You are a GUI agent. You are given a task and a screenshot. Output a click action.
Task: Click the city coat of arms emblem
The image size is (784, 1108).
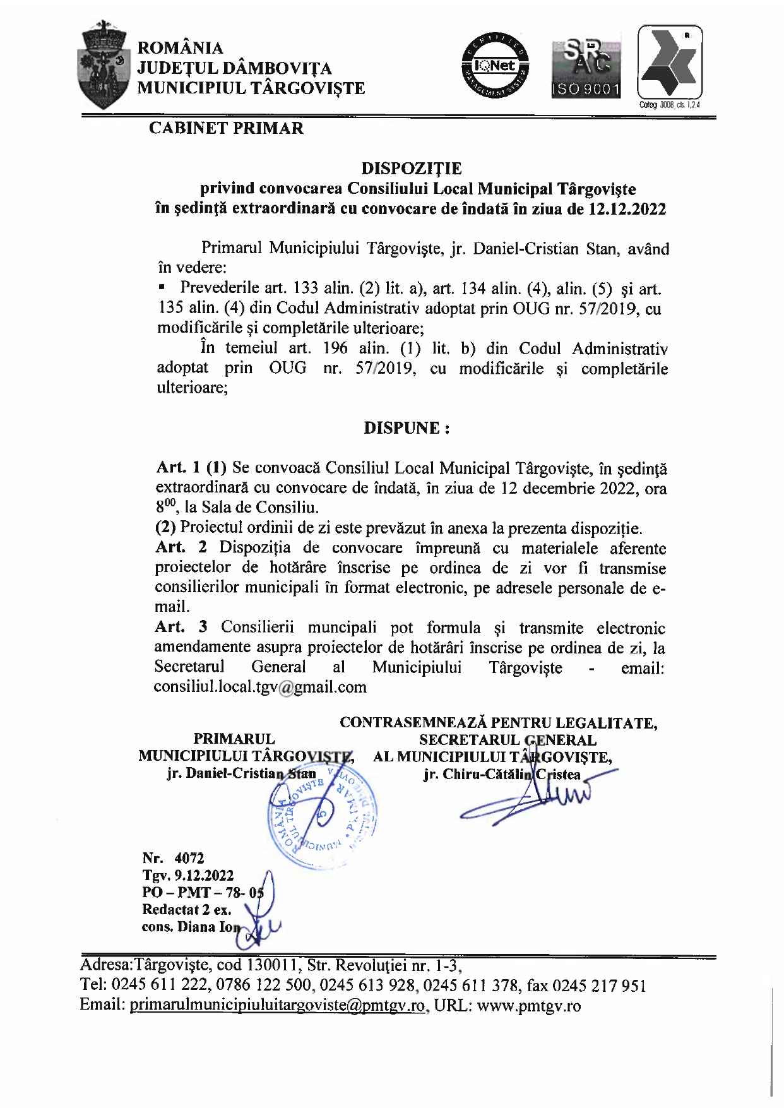tap(101, 64)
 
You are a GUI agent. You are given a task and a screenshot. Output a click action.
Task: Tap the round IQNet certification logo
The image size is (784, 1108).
tap(496, 66)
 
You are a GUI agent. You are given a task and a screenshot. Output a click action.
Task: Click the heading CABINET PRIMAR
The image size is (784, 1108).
tap(226, 128)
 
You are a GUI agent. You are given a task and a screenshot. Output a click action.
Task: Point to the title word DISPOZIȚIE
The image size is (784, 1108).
tap(411, 169)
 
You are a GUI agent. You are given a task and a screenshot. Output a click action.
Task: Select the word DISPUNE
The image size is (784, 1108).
tap(403, 428)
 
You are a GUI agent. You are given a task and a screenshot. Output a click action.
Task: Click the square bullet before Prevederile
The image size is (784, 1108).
tap(162, 288)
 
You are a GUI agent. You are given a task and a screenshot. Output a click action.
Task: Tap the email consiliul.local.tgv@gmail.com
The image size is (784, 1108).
tap(260, 687)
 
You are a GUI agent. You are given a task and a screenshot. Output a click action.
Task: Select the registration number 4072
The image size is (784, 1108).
tap(189, 858)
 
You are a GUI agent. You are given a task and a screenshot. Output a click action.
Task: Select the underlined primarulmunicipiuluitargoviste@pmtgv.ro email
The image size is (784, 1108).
tap(277, 1006)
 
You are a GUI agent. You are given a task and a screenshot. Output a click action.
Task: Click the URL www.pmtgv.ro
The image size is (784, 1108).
tap(528, 1006)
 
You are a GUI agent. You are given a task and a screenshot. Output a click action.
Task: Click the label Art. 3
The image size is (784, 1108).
tap(181, 627)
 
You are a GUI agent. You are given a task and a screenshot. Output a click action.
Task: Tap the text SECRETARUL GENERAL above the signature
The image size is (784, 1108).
tap(508, 740)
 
